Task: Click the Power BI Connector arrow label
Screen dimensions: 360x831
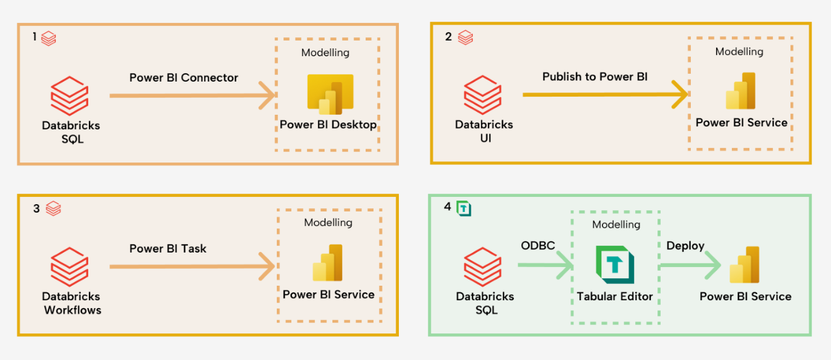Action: (x=184, y=78)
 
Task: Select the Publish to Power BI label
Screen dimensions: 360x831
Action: (x=595, y=77)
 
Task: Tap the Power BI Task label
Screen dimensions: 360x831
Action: (x=167, y=248)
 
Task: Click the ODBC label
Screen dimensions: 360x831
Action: (x=538, y=246)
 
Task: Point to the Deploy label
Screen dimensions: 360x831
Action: (x=685, y=246)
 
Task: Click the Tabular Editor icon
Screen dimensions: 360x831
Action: (x=615, y=265)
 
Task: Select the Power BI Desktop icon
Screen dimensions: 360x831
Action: (x=330, y=94)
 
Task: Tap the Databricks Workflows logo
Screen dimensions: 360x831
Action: (x=70, y=266)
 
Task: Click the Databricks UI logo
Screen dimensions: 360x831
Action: (x=483, y=94)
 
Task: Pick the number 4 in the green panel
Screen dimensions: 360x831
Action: (x=447, y=207)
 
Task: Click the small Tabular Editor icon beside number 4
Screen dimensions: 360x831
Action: (x=464, y=208)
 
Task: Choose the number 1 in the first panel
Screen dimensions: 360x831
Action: (x=34, y=37)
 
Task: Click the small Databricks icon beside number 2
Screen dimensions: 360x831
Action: (x=465, y=37)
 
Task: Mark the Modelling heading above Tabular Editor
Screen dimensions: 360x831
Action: (x=616, y=225)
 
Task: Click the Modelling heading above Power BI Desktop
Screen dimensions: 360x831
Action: (x=325, y=53)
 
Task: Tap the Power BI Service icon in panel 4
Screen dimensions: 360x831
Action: (x=744, y=265)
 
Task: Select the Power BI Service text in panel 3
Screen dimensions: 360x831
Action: (x=328, y=295)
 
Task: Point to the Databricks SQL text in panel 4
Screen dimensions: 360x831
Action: (x=485, y=303)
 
